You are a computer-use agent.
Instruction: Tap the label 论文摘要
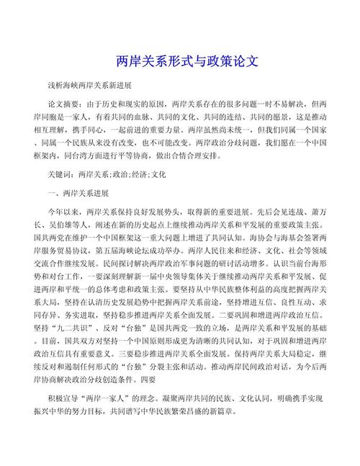pyautogui.click(x=66, y=103)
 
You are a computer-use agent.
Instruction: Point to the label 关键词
pyautogui.click(x=61, y=174)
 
